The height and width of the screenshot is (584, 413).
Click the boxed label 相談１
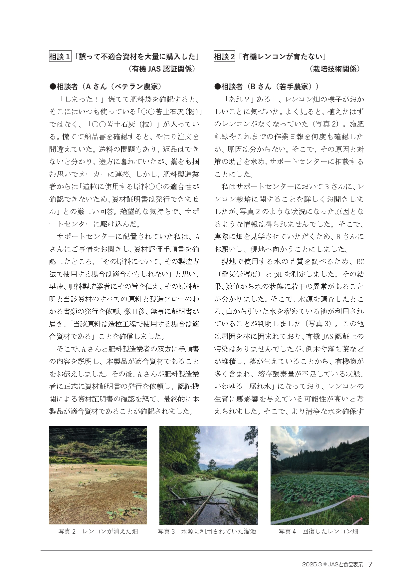click(60, 57)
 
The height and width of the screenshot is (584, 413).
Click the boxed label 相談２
click(224, 57)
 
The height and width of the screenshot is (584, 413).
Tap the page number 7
click(370, 564)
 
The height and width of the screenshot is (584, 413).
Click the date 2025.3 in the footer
click(311, 565)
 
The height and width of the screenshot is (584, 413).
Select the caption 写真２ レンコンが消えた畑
click(98, 531)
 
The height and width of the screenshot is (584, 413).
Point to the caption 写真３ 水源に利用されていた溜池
click(207, 531)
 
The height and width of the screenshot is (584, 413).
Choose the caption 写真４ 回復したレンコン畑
click(318, 531)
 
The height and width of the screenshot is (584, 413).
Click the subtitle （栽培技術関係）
click(334, 69)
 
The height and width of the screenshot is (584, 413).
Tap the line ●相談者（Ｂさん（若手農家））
click(267, 87)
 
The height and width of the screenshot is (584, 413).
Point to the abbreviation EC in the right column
click(360, 262)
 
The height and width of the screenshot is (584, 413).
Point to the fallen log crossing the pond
click(203, 503)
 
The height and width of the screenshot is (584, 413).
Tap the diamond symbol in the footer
click(325, 564)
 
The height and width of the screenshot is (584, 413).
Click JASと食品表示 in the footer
click(345, 565)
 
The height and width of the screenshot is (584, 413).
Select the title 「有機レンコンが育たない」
click(283, 57)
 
